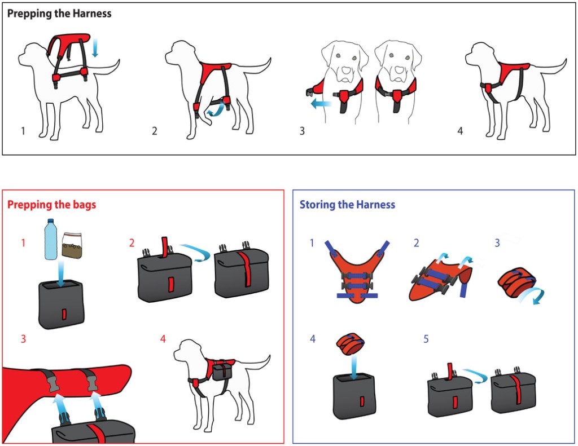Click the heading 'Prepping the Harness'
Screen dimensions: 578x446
coord(59,14)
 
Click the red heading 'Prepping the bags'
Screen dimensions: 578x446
coord(51,205)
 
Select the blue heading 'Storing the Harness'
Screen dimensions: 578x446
coord(347,205)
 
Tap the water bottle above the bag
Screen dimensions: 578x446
coord(51,240)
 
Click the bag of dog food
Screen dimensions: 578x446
coord(72,245)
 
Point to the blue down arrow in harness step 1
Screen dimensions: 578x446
coord(95,47)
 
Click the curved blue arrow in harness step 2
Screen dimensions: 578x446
coord(215,110)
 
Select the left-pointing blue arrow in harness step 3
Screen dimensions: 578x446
coord(321,104)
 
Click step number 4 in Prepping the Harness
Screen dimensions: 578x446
coord(460,131)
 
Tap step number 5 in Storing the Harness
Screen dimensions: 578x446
coord(426,339)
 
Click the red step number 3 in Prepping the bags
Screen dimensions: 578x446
coord(23,339)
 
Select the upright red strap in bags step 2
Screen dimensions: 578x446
coord(165,246)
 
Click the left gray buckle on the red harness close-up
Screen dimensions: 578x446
coord(54,382)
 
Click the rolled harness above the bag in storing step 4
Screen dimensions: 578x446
coord(350,343)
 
